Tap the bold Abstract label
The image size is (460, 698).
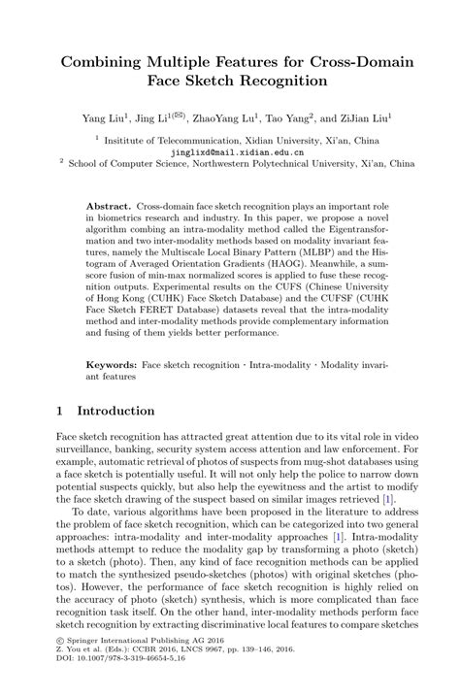[109, 208]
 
